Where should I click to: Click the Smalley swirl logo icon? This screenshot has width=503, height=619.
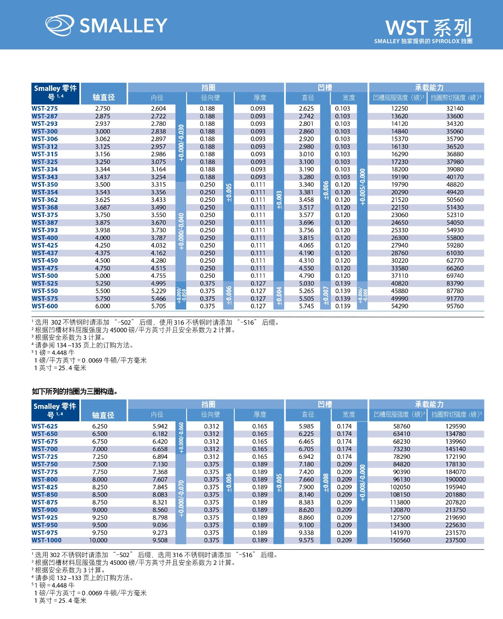click(x=59, y=25)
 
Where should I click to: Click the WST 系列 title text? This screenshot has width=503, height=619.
click(x=428, y=28)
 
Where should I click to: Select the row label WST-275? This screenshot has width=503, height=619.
click(x=45, y=109)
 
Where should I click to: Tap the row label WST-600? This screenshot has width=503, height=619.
click(x=45, y=306)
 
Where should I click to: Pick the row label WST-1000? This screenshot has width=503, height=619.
click(x=46, y=540)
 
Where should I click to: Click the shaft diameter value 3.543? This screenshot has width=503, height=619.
click(x=103, y=192)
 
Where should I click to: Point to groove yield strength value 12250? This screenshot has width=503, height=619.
click(x=400, y=109)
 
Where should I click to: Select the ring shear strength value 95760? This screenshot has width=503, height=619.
click(x=455, y=306)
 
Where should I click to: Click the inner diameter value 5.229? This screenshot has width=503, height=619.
click(x=158, y=291)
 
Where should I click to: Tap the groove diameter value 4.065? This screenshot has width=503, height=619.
click(x=306, y=245)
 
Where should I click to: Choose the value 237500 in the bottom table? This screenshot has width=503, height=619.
click(x=455, y=540)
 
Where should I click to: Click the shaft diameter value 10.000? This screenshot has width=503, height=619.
click(x=98, y=540)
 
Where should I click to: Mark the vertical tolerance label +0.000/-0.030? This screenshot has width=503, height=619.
click(x=181, y=143)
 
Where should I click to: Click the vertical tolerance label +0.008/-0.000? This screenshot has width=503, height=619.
click(x=362, y=483)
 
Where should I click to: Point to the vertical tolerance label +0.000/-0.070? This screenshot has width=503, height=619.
click(x=181, y=498)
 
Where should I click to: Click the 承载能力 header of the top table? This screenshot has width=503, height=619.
click(x=429, y=87)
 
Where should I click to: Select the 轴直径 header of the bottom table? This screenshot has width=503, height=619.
click(x=103, y=415)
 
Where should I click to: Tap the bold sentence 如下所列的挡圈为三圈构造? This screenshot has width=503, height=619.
click(x=75, y=392)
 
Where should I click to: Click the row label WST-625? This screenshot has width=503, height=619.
click(x=45, y=426)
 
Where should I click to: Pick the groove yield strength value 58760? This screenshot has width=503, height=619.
click(x=402, y=426)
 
